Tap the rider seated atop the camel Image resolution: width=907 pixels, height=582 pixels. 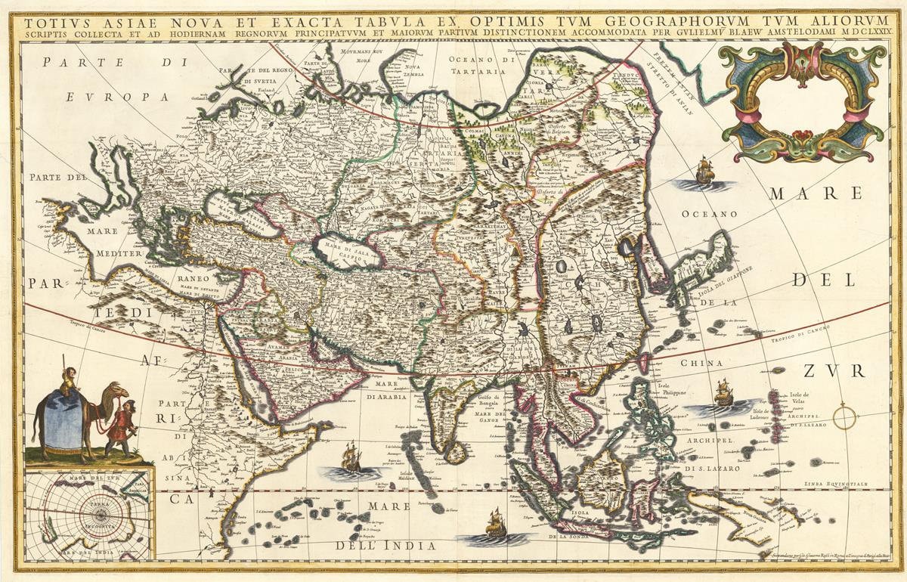tap(70, 379)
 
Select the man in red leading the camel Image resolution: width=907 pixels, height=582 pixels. tap(120, 431)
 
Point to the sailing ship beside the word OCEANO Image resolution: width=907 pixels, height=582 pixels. tap(704, 173)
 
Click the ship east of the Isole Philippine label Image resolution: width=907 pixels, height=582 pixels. tap(724, 393)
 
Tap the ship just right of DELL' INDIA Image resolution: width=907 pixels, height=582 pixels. tap(495, 524)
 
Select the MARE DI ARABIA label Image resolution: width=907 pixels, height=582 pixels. tap(387, 390)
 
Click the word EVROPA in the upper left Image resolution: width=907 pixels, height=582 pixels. tap(116, 97)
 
